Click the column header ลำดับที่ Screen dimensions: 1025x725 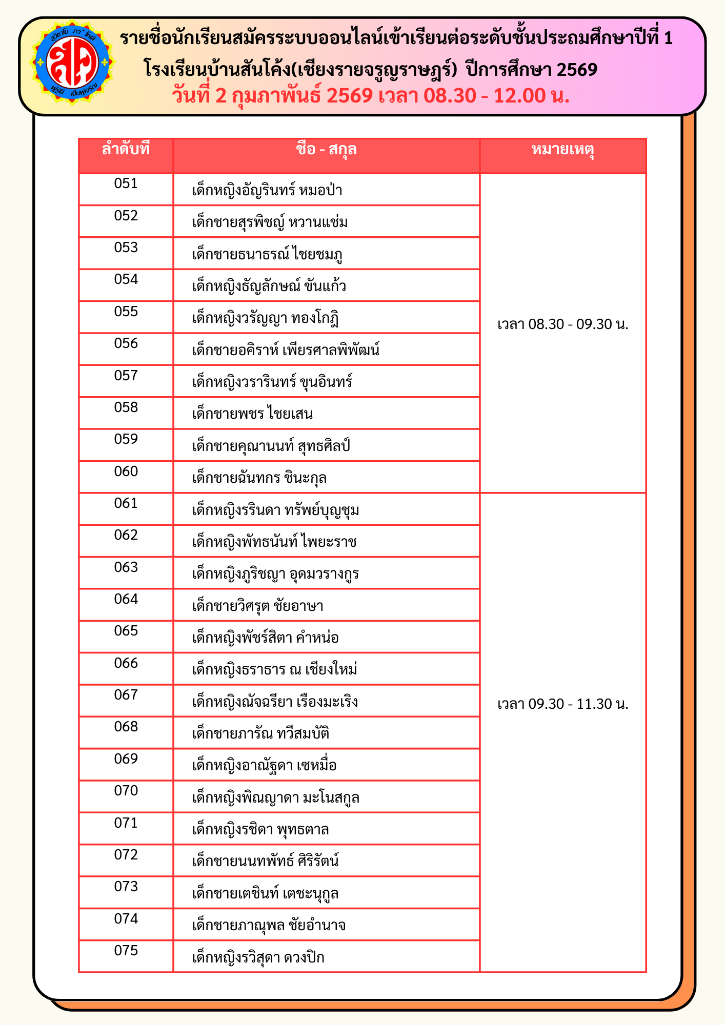point(126,150)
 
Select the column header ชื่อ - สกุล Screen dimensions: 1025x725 point(326,150)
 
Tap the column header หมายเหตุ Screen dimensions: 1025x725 point(562,150)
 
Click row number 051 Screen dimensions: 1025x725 point(126,184)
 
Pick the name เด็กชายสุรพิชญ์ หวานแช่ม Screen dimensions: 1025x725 point(270,222)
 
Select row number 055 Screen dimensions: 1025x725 point(126,312)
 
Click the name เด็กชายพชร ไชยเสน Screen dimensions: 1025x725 point(252,414)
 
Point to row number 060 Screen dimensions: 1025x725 point(126,471)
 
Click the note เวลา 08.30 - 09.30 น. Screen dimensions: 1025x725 point(563,324)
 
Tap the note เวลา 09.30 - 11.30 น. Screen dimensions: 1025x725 point(563,704)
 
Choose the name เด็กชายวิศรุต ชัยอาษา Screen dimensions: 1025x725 point(257,606)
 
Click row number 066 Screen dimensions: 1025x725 point(126,663)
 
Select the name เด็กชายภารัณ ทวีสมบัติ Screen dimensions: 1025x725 point(260,734)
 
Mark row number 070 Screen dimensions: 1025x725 point(126,791)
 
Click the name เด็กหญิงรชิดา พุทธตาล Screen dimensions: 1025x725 point(260,830)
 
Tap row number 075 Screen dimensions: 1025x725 point(126,951)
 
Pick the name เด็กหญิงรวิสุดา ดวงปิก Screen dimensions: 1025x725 point(258,958)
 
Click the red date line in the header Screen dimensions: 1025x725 point(371,96)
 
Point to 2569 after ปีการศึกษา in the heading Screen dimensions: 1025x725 point(577,69)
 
